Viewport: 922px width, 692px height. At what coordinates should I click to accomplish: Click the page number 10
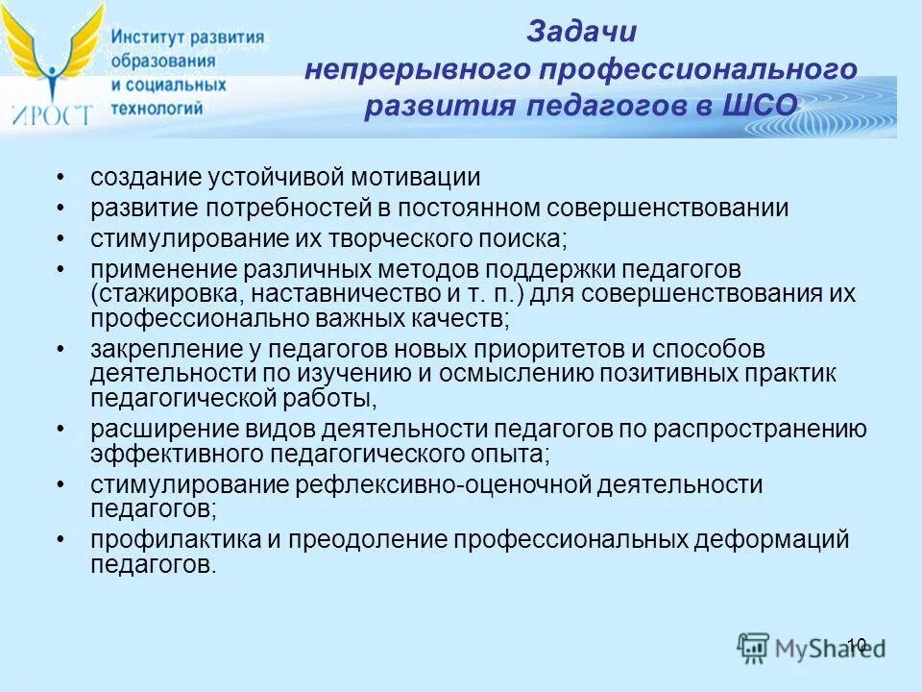(x=857, y=645)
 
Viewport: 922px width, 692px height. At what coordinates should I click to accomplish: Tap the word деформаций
(x=769, y=540)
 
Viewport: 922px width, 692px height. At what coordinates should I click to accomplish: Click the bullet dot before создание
(x=62, y=179)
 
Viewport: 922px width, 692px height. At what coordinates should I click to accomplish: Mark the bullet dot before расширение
(x=62, y=430)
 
